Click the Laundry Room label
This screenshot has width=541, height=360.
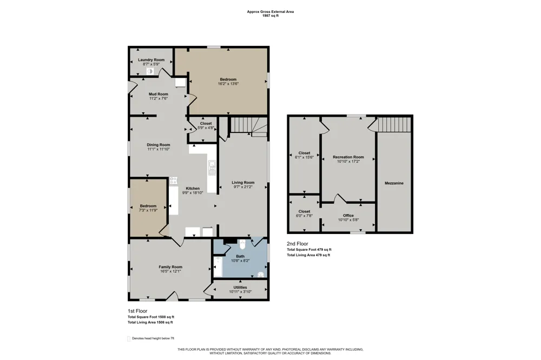[x=151, y=59]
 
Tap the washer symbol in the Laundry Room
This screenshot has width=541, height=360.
[x=150, y=71]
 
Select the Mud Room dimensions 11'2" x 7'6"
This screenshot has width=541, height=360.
[x=159, y=98]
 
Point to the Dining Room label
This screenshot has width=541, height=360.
[x=159, y=145]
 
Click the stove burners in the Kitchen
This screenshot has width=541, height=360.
[x=174, y=181]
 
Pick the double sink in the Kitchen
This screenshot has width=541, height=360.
[x=212, y=168]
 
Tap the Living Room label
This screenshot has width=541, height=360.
[x=243, y=182]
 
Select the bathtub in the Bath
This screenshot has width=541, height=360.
[x=217, y=267]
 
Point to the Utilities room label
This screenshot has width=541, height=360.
[x=240, y=287]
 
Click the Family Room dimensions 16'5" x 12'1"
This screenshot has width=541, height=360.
[x=170, y=271]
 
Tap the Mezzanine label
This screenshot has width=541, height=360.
[x=394, y=183]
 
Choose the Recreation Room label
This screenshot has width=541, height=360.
[x=348, y=157]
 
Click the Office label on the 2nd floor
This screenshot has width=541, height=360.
[x=348, y=216]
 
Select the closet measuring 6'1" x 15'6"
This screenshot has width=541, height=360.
[x=304, y=155]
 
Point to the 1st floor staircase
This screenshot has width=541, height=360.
[x=249, y=125]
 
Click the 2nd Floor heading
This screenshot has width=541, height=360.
[x=298, y=244]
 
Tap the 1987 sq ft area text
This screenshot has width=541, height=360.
[x=270, y=16]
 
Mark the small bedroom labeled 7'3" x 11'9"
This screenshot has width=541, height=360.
[x=148, y=208]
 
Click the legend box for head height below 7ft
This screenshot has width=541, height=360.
[x=129, y=338]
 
